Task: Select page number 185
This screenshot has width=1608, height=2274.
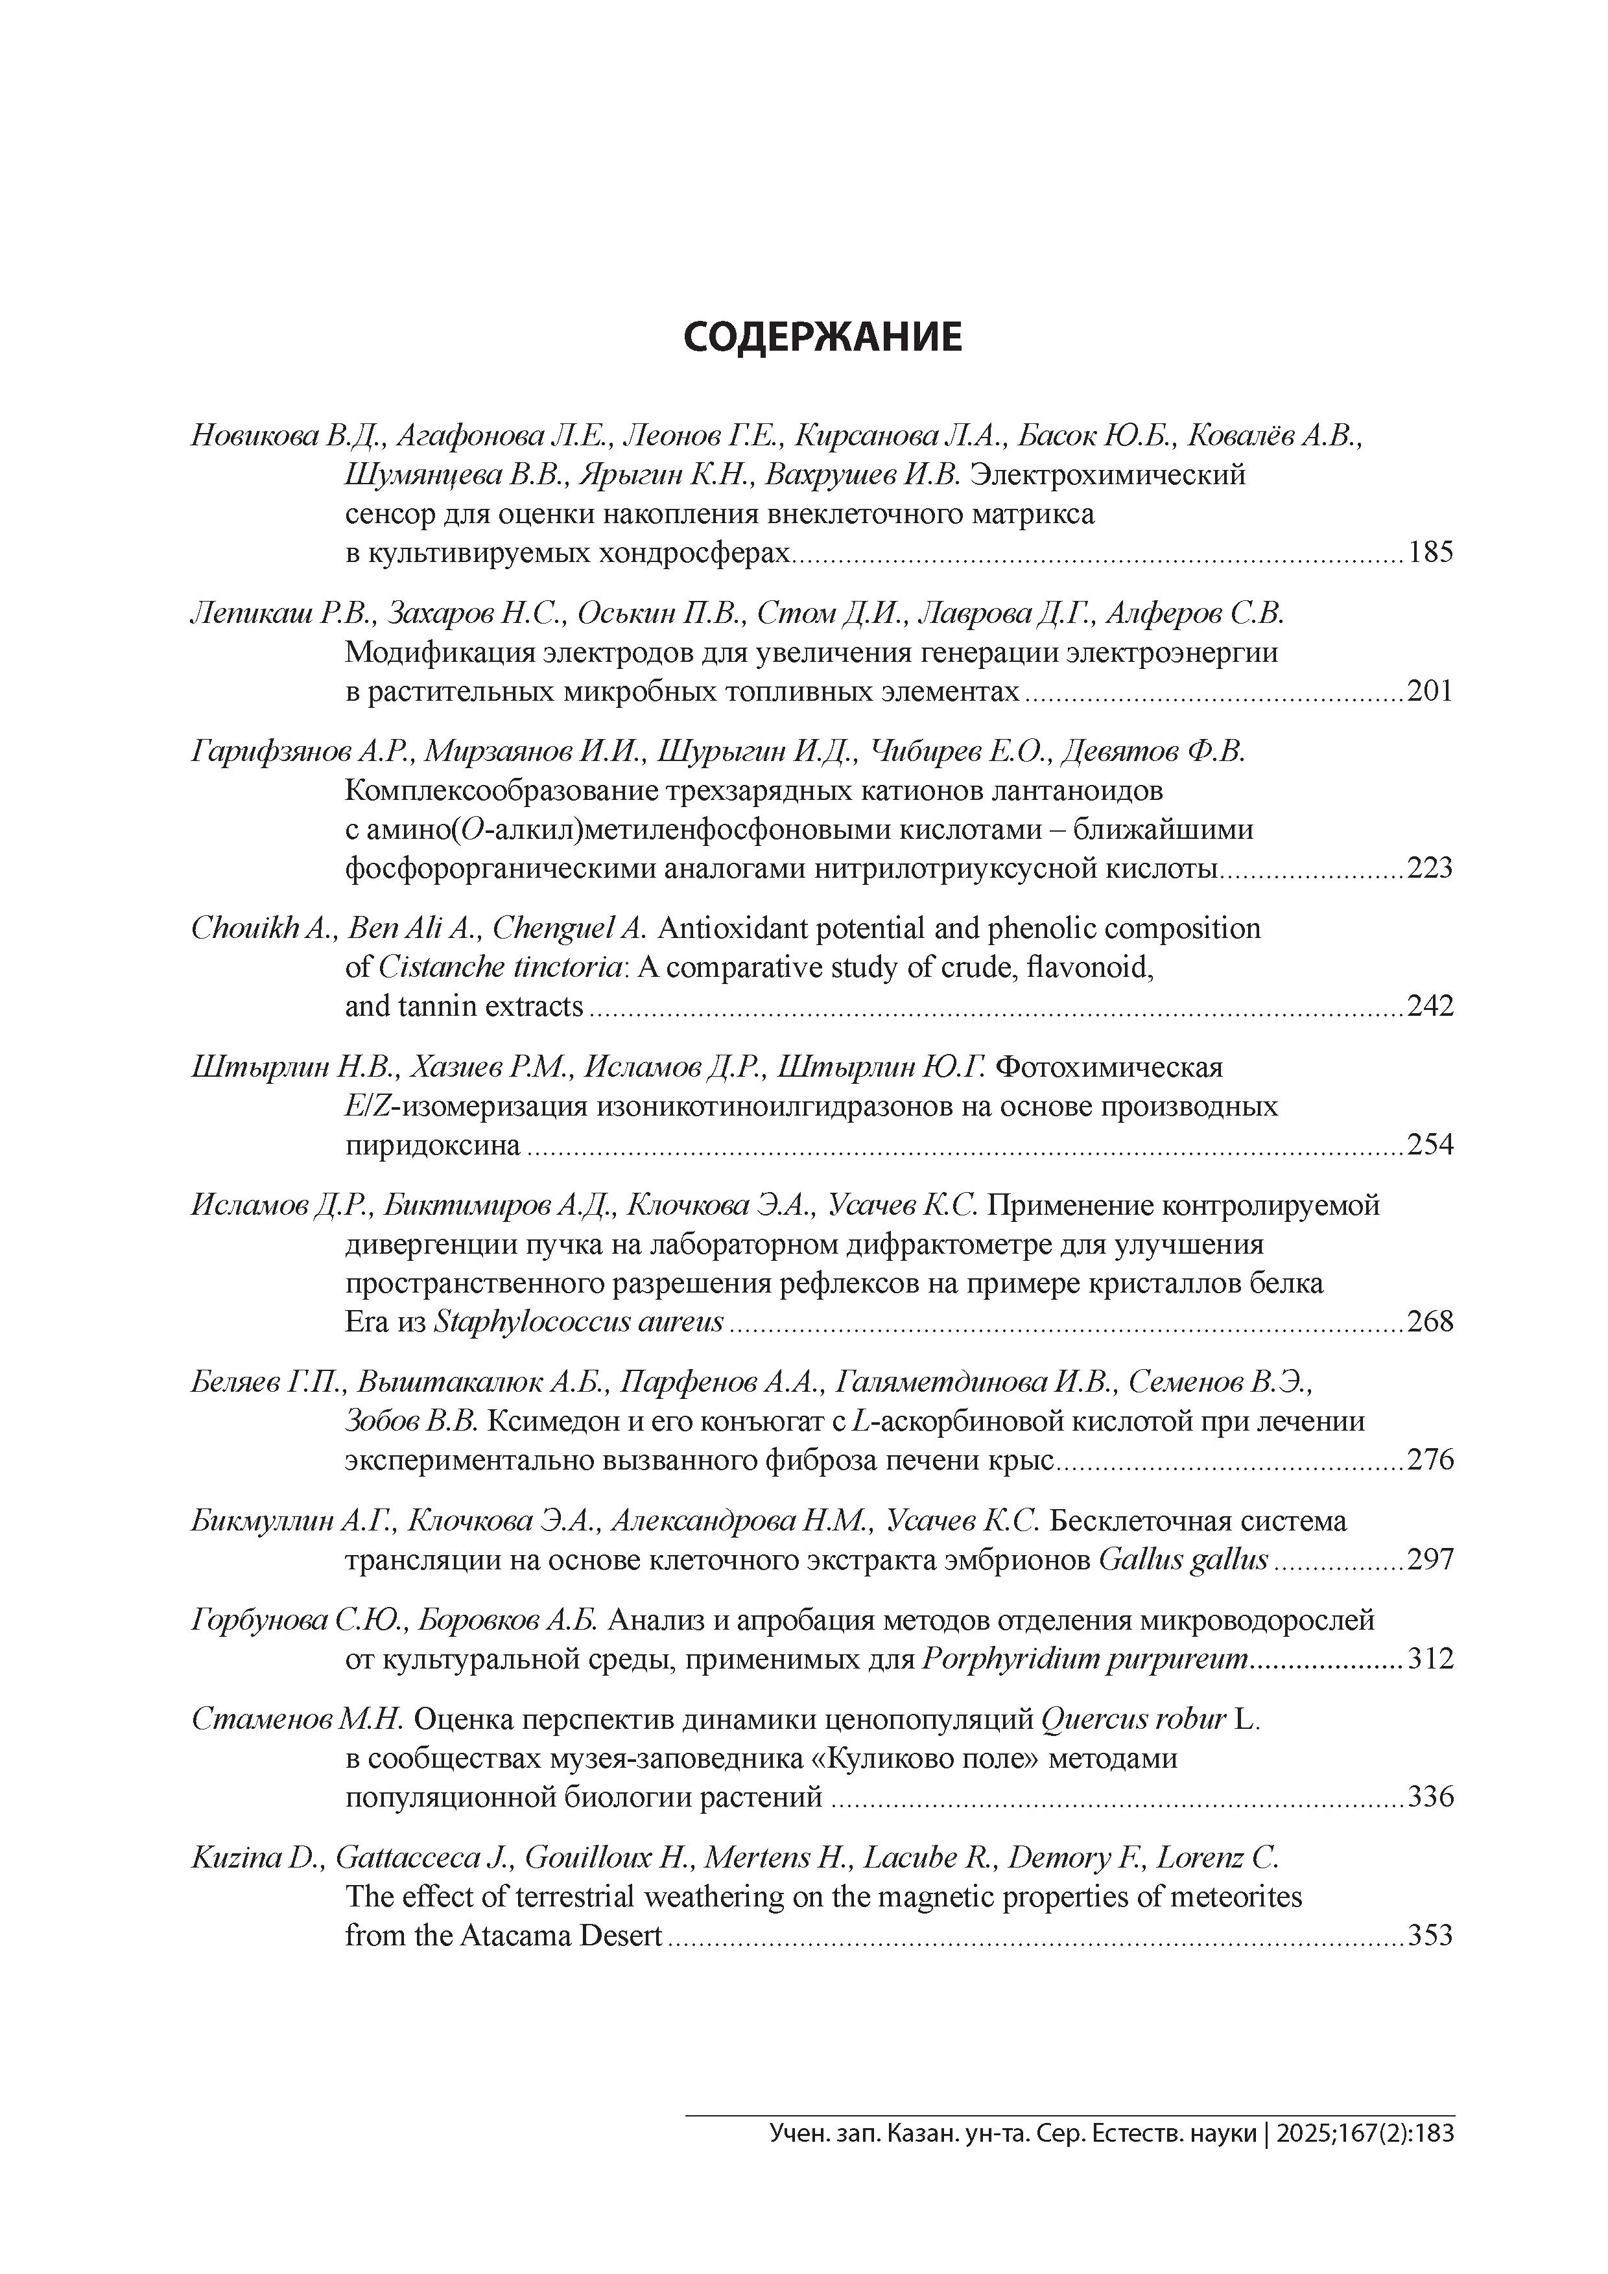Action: pyautogui.click(x=1430, y=553)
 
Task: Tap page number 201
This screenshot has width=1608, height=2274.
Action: pyautogui.click(x=1430, y=691)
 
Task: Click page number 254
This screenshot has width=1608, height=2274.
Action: pyautogui.click(x=1430, y=1145)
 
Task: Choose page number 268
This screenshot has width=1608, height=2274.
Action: pyautogui.click(x=1430, y=1321)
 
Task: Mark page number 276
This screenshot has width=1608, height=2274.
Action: pyautogui.click(x=1430, y=1460)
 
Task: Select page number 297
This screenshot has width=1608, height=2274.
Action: pyautogui.click(x=1430, y=1560)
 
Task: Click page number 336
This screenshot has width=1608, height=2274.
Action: pyautogui.click(x=1430, y=1797)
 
